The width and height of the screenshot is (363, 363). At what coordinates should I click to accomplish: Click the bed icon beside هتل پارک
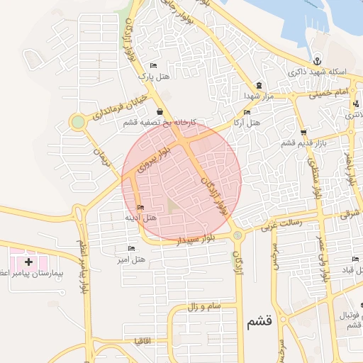[153, 65]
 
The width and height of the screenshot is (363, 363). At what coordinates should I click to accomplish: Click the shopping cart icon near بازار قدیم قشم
[303, 132]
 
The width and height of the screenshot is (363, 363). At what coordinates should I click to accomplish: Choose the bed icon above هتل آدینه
[140, 207]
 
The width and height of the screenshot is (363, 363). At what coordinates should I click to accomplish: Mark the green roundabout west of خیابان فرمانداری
[77, 122]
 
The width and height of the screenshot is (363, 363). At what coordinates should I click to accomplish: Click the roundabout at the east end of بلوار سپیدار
[237, 235]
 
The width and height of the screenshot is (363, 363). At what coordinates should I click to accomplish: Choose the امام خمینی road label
[329, 93]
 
